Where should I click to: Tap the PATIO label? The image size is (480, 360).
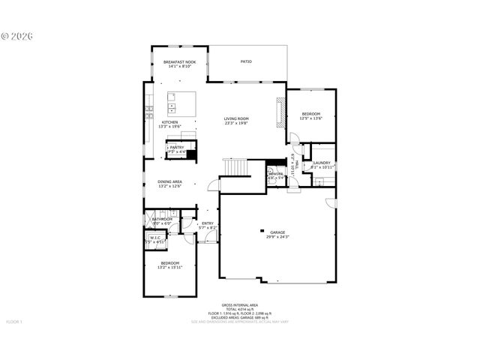[246, 61]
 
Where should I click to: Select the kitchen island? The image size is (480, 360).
[181, 103]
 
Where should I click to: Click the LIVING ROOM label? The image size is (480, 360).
[236, 118]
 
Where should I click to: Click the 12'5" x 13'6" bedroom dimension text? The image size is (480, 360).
[310, 118]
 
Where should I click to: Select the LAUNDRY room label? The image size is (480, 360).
[322, 163]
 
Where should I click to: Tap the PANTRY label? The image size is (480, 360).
[176, 148]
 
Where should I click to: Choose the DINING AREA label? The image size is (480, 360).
[169, 181]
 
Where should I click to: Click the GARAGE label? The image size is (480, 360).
[277, 233]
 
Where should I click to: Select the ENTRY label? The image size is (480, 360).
[208, 223]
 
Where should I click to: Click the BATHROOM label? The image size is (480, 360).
[162, 219]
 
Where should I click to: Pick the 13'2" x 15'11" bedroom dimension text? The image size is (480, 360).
[169, 267]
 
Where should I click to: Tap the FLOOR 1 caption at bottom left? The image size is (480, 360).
[15, 322]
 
